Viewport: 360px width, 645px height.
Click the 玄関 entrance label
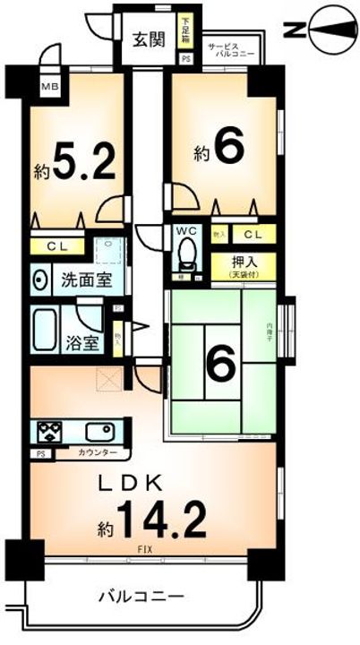(x=149, y=39)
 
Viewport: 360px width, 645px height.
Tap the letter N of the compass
(x=294, y=32)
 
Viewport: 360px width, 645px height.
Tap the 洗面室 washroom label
(x=86, y=279)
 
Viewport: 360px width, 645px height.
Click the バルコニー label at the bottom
(x=140, y=596)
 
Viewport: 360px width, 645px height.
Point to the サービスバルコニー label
(x=231, y=49)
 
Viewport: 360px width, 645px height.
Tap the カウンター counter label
(x=95, y=453)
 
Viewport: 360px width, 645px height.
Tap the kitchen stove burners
(x=48, y=433)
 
